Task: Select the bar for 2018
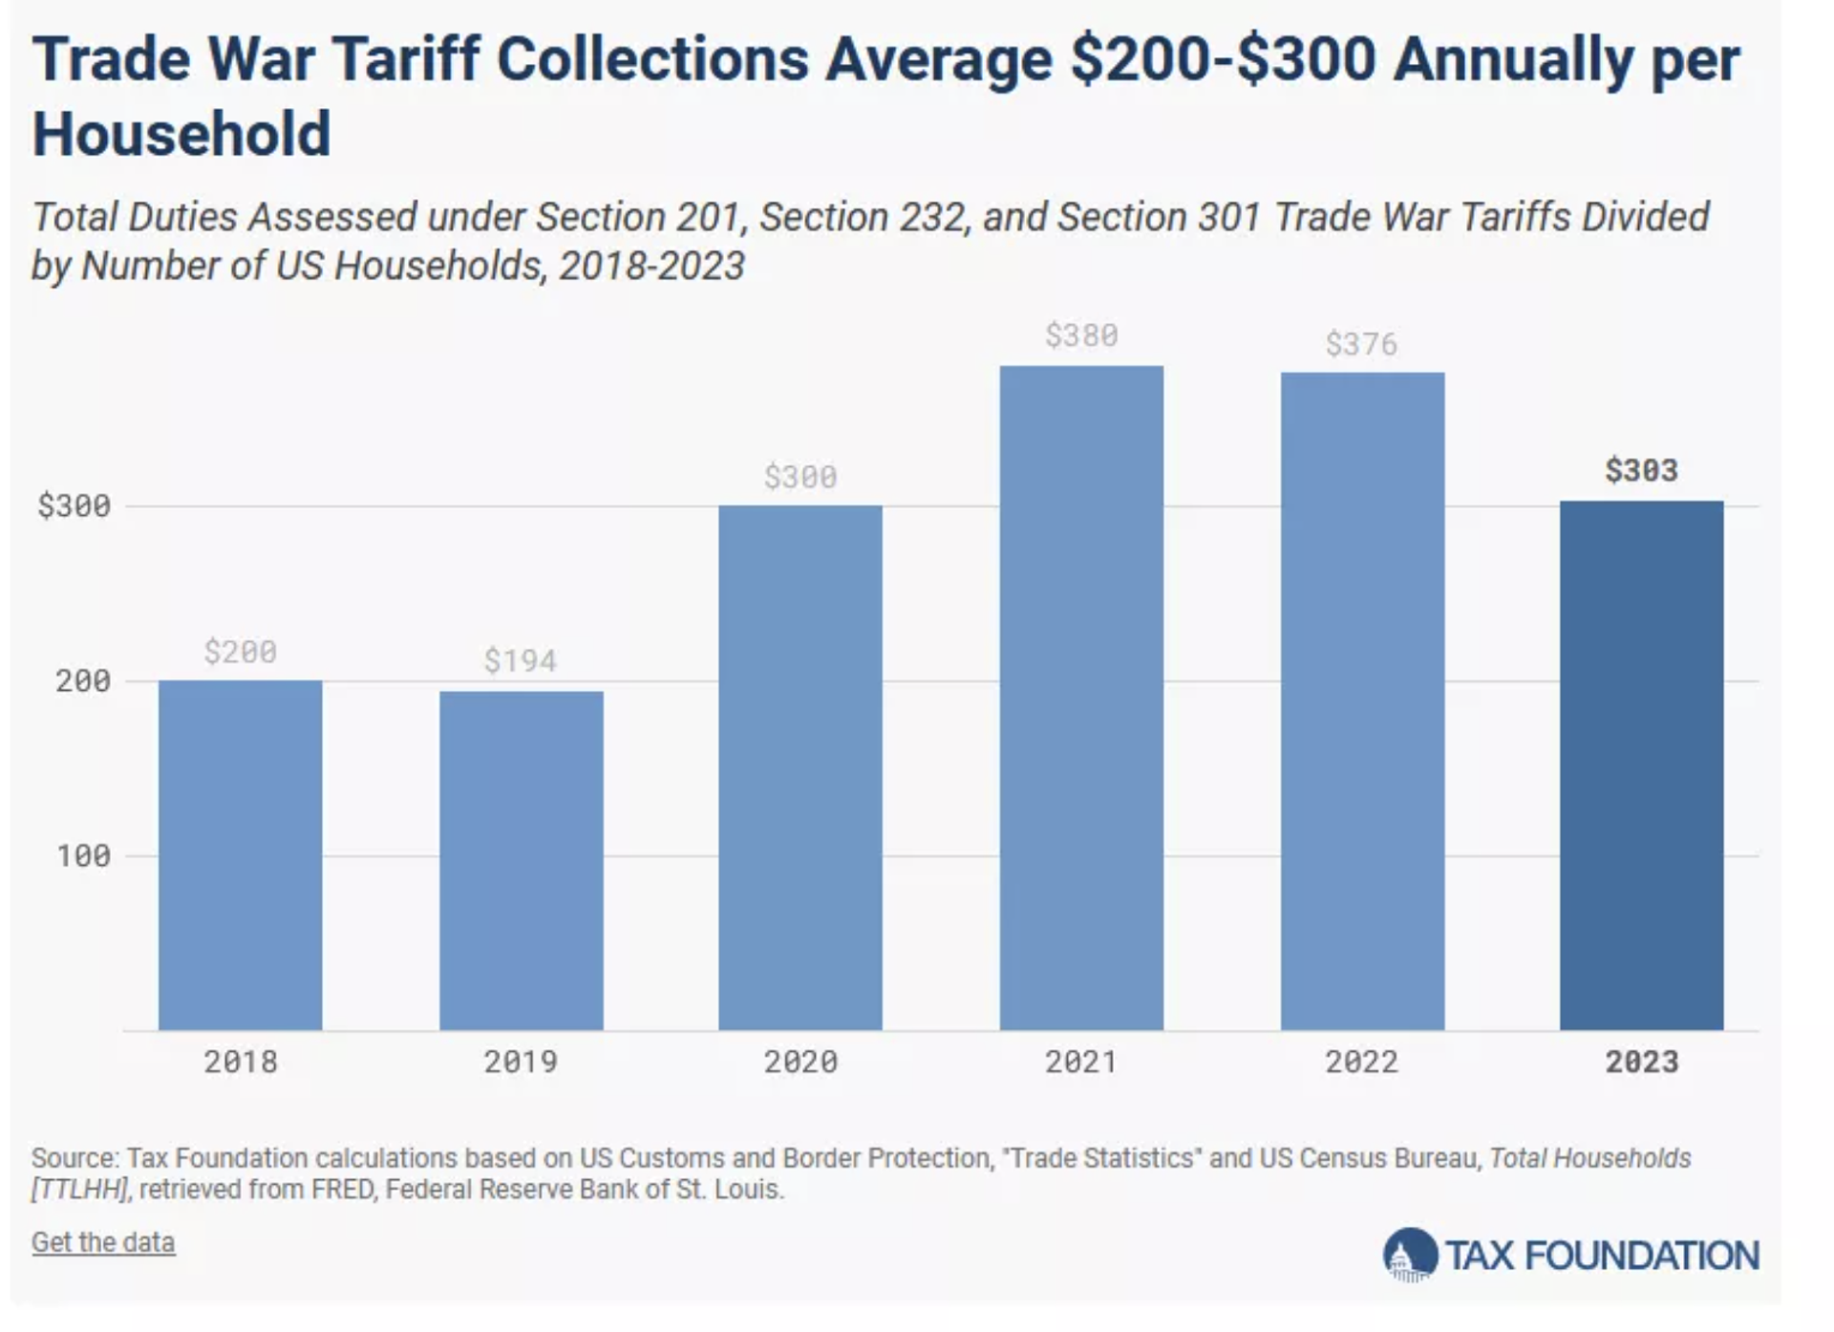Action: click(240, 854)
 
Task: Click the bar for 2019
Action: click(521, 860)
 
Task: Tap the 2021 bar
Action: click(1081, 698)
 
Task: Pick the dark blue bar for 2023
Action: click(1641, 764)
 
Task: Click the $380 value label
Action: click(1081, 335)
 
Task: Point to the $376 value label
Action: click(1361, 344)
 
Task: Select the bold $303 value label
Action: click(1641, 470)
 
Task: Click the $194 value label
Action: click(521, 660)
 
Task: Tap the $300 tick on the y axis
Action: click(74, 505)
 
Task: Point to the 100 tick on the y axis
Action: click(83, 855)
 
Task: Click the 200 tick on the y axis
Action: click(83, 680)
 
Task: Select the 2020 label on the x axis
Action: click(800, 1062)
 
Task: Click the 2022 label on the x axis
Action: click(1361, 1062)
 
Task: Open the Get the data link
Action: click(103, 1242)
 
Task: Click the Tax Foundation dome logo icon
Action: click(1410, 1255)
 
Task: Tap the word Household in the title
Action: click(181, 134)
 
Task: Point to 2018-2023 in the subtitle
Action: click(651, 266)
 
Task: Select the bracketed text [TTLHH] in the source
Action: click(79, 1190)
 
